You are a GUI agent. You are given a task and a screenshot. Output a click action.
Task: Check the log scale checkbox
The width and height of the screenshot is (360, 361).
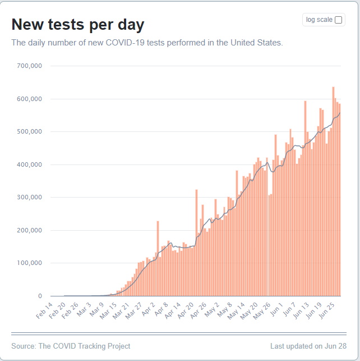tap(338, 20)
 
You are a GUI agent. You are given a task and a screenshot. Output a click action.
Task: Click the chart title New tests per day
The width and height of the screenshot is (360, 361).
tap(78, 25)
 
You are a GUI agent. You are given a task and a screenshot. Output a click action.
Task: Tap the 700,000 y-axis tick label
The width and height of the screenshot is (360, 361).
tap(29, 66)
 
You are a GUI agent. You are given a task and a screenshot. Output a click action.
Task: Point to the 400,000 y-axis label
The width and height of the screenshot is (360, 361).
tap(29, 164)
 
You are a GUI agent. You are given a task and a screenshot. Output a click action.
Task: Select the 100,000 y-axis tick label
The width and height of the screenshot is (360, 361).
tap(29, 263)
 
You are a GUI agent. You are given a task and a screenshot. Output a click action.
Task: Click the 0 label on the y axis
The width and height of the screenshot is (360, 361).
tap(40, 296)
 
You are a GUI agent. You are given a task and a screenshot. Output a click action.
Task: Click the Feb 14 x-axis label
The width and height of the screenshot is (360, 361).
tap(45, 310)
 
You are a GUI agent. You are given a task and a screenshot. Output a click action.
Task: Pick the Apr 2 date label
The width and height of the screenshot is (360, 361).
tap(148, 309)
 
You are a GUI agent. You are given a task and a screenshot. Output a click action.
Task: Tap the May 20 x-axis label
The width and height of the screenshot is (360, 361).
tap(249, 311)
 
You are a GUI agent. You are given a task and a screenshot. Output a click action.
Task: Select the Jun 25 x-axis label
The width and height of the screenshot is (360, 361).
tap(326, 310)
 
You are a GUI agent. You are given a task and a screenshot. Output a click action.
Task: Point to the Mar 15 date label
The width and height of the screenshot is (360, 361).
tap(108, 311)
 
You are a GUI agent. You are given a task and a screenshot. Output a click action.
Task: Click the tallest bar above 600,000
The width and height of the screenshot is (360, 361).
tap(333, 191)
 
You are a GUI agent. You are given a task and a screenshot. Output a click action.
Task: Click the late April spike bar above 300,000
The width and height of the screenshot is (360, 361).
tap(197, 243)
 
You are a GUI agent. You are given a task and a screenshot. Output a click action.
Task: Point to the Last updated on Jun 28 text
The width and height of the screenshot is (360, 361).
tap(308, 346)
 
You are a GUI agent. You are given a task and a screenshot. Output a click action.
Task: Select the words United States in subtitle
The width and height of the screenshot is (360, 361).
tap(257, 43)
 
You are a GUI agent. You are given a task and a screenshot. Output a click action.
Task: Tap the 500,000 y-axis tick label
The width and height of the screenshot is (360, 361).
tap(29, 131)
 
